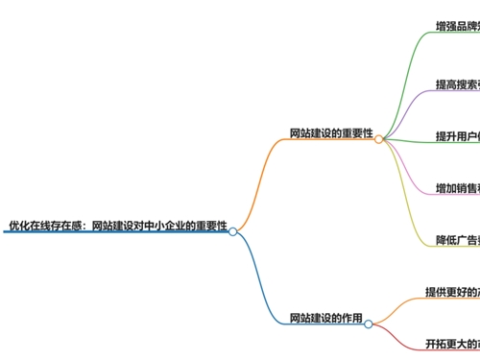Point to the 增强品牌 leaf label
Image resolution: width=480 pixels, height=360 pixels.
coord(457,27)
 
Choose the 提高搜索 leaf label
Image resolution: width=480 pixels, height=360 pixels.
coord(457,85)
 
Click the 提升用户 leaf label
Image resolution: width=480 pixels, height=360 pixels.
coord(457,136)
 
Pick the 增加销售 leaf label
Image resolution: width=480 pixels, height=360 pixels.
coord(457,187)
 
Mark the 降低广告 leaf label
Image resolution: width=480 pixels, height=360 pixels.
coord(457,239)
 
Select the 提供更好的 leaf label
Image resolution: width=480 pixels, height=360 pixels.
coord(452,291)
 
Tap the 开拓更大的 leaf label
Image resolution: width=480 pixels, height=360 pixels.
coord(452,343)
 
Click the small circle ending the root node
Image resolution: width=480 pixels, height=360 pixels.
coord(232,231)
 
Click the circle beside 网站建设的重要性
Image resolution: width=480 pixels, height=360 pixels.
coord(379,139)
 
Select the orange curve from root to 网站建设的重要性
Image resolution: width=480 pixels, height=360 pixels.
coord(257,182)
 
